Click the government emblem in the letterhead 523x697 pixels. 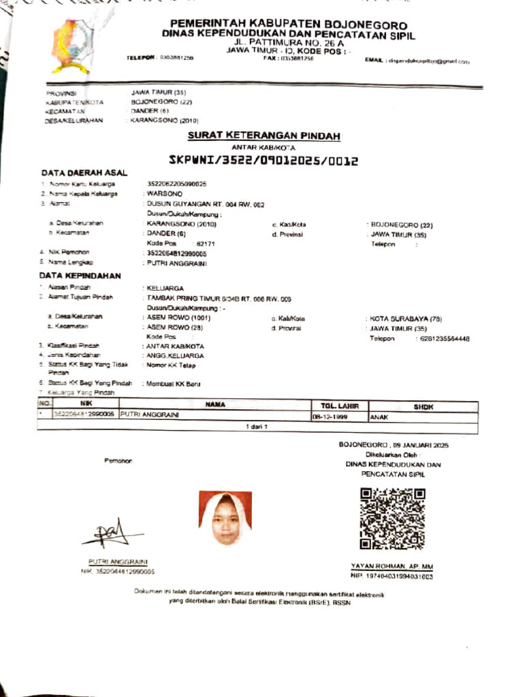coord(72,46)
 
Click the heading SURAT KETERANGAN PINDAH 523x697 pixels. coord(264,136)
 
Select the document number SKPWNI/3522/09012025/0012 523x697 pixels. coord(263,161)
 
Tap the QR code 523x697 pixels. coord(392,519)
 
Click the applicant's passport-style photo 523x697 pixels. coord(225,519)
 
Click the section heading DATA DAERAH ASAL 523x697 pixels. coord(84,173)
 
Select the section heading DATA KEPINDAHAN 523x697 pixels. coord(80,276)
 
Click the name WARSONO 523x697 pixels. coord(161,194)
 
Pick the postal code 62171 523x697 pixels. coord(206,243)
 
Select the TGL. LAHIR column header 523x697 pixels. coord(339,406)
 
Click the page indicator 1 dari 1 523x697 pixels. coord(258,427)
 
